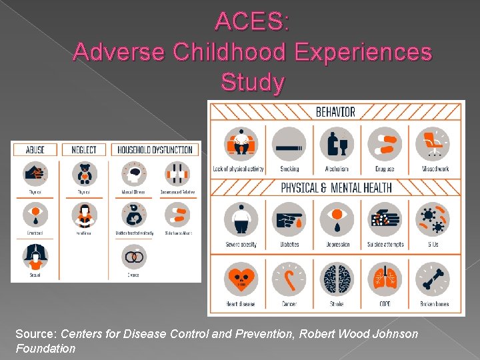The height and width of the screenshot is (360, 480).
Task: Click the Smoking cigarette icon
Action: [289, 144]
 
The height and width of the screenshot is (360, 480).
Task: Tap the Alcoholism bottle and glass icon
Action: [337, 144]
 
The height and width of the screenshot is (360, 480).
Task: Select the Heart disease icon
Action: [241, 280]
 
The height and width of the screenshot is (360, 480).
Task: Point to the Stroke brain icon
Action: [337, 280]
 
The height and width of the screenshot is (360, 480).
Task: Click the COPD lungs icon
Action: [385, 280]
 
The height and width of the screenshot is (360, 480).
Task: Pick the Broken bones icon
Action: [433, 280]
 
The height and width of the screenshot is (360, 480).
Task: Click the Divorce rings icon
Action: [134, 257]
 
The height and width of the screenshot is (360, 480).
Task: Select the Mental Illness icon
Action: [134, 174]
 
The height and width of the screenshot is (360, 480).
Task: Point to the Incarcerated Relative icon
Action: [177, 174]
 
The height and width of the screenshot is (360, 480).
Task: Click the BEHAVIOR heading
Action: [336, 111]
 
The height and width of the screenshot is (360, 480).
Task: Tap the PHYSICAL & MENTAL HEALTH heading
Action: [336, 187]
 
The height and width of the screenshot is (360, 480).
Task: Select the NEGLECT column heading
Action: [84, 150]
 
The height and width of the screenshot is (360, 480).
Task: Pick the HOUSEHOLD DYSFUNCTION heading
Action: [155, 150]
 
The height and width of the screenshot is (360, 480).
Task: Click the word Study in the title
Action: [253, 83]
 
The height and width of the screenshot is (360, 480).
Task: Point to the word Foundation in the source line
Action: [46, 348]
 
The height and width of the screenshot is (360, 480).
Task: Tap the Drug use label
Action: [385, 169]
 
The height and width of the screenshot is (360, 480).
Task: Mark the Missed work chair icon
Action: [433, 144]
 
